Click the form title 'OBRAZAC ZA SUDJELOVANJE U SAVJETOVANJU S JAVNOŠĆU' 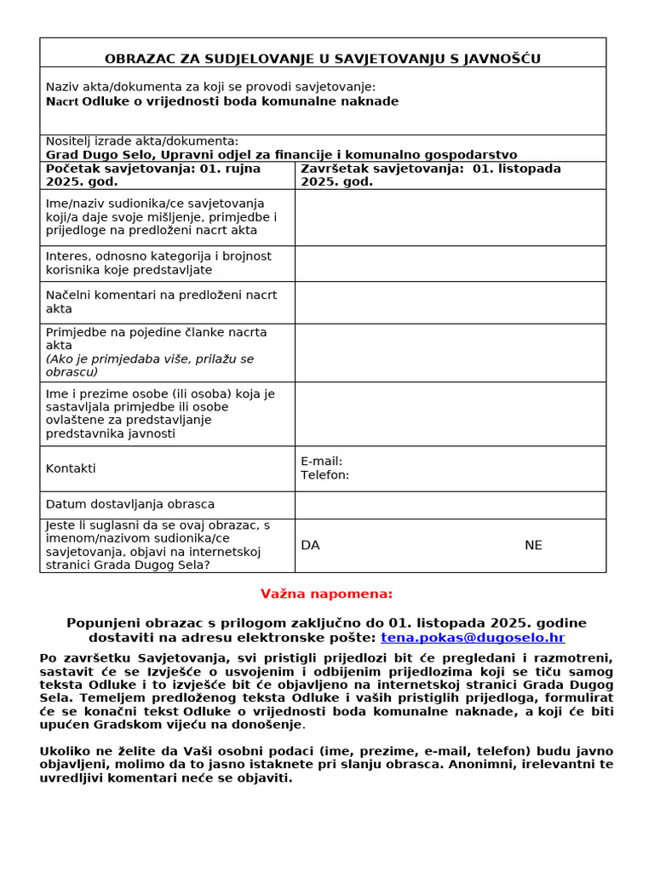[322, 59]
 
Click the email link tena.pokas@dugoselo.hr [473, 638]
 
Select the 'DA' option [310, 546]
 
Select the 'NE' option [533, 546]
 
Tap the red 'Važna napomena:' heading [326, 594]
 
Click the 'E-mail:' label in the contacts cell [321, 462]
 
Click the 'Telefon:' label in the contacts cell [324, 475]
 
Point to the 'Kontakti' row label [71, 468]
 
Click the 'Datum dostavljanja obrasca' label [130, 504]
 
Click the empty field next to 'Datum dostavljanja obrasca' [450, 505]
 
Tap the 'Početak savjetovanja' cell [153, 175]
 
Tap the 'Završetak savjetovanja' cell [431, 175]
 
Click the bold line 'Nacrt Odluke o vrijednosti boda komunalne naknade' [221, 101]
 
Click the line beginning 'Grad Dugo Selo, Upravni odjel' [281, 155]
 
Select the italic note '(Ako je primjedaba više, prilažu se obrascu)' [150, 365]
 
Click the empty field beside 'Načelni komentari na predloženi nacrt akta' [450, 302]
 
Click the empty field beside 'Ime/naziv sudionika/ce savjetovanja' [450, 217]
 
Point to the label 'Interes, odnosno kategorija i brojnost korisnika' [158, 263]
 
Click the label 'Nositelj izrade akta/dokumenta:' [142, 141]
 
